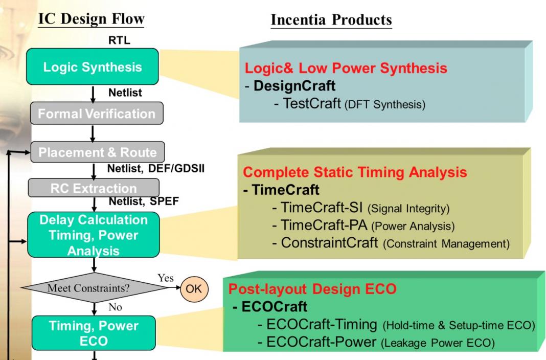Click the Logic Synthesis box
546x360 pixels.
pyautogui.click(x=92, y=66)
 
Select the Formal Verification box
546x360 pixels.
pyautogui.click(x=97, y=113)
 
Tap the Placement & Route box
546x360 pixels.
pyautogui.click(x=98, y=152)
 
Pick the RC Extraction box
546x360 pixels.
pyautogui.click(x=94, y=188)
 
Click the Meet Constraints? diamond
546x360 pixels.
pyautogui.click(x=94, y=288)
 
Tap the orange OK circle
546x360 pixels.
pyautogui.click(x=194, y=288)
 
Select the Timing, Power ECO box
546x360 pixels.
pyautogui.click(x=94, y=333)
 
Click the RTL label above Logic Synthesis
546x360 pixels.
pyautogui.click(x=119, y=40)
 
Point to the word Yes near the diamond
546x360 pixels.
pyautogui.click(x=166, y=278)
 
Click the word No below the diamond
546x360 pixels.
pyautogui.click(x=115, y=307)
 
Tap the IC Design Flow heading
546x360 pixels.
pyautogui.click(x=91, y=19)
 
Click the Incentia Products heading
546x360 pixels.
pyautogui.click(x=331, y=20)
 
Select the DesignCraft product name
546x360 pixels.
pyautogui.click(x=294, y=85)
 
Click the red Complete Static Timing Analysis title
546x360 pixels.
pyautogui.click(x=355, y=172)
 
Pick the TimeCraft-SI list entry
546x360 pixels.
pyautogui.click(x=322, y=207)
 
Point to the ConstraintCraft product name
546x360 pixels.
pyautogui.click(x=329, y=243)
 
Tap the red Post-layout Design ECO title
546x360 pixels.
pyautogui.click(x=312, y=288)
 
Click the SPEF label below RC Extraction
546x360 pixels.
pyautogui.click(x=164, y=201)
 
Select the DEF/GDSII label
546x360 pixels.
pyautogui.click(x=176, y=169)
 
